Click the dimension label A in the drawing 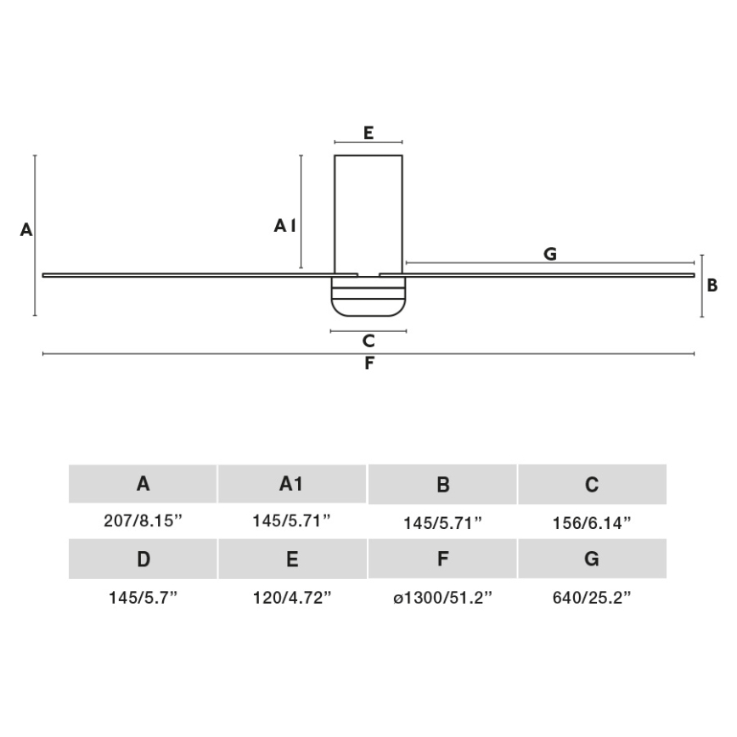coord(26,229)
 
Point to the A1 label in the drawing coord(285,225)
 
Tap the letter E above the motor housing coord(368,132)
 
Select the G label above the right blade coord(550,254)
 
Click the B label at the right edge coord(712,285)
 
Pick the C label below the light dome coord(368,341)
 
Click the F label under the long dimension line coord(368,364)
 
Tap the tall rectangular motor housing coord(368,212)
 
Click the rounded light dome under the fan coord(368,297)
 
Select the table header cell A coord(143,484)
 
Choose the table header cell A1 coord(291,484)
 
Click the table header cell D coord(143,560)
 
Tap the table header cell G coord(592,560)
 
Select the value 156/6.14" coord(592,523)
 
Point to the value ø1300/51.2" coord(442,598)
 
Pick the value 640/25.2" coord(592,598)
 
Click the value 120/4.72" coord(291,598)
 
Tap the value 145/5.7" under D coord(143,598)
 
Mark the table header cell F coord(442,560)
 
